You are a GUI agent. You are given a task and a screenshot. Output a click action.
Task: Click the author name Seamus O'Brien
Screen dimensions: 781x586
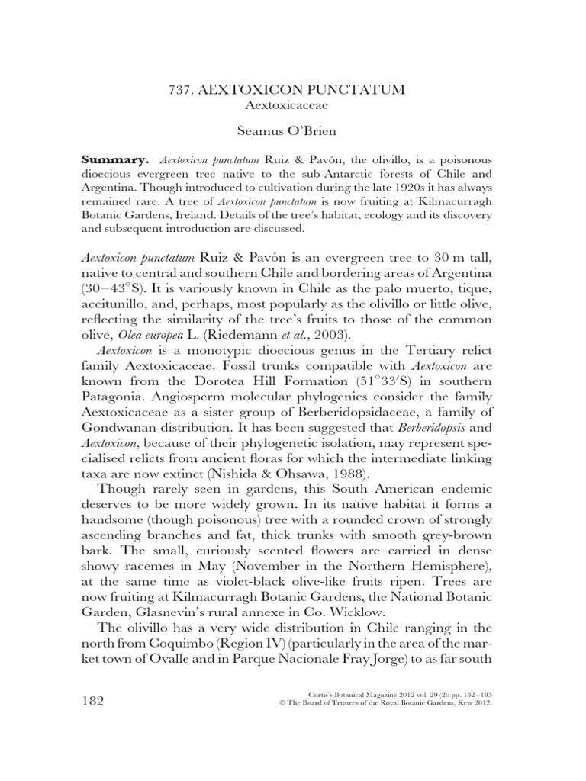pos(293,131)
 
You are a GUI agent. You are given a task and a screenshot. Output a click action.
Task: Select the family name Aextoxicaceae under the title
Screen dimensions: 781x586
pos(293,105)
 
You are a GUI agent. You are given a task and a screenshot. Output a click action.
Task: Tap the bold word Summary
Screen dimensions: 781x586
pos(114,161)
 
